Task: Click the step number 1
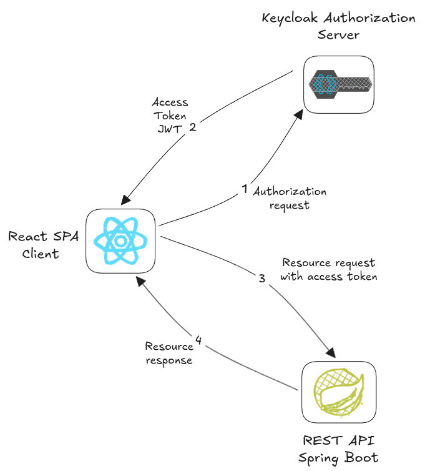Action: [x=245, y=188]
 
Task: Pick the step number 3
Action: [x=262, y=279]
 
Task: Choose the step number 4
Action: [x=198, y=340]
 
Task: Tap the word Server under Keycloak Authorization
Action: [x=338, y=34]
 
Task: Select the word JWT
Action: [x=169, y=129]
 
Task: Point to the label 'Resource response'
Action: [x=169, y=353]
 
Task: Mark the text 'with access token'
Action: [x=329, y=276]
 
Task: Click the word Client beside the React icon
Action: [x=41, y=253]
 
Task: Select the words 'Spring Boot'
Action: [x=338, y=458]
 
